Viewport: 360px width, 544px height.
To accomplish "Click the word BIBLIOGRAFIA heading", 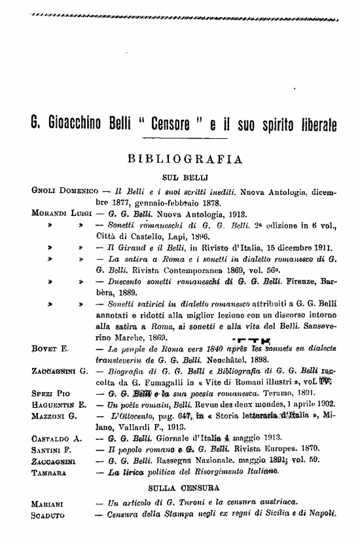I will pyautogui.click(x=187, y=159).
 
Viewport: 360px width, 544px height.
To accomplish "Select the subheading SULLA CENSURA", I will pyautogui.click(x=184, y=488).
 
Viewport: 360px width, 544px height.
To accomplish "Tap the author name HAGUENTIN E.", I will pyautogui.click(x=58, y=404).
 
